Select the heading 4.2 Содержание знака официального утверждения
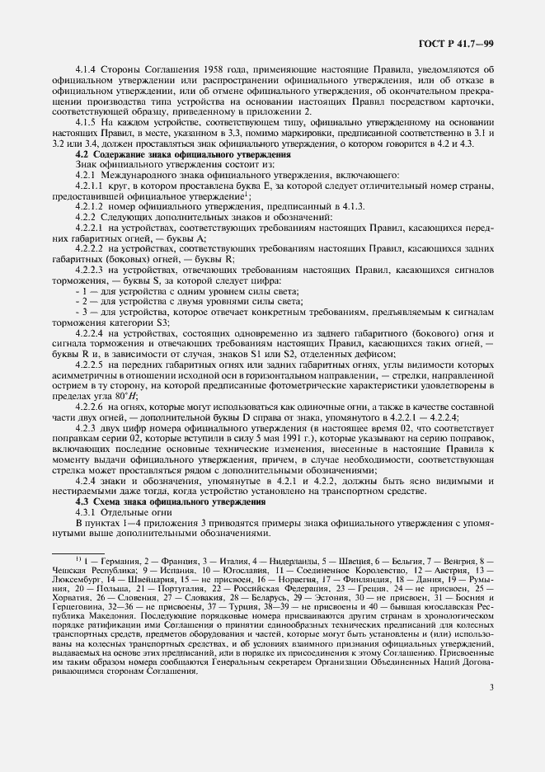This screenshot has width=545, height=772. pyautogui.click(x=182, y=154)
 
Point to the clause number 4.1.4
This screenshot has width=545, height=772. pyautogui.click(x=87, y=72)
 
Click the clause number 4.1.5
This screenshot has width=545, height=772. pyautogui.click(x=87, y=122)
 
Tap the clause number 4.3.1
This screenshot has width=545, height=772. pyautogui.click(x=87, y=512)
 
